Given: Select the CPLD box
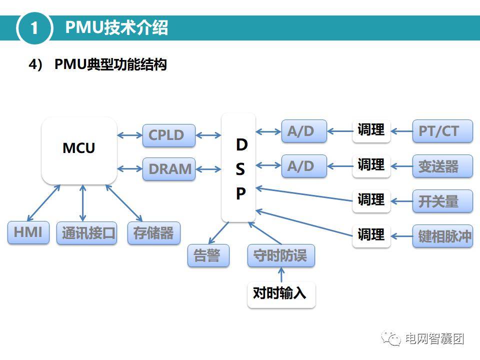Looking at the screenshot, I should tap(168, 135).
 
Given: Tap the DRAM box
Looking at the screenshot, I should tap(169, 169).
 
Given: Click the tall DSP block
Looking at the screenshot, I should tap(238, 167).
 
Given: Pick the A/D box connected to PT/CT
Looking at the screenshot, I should tap(303, 131).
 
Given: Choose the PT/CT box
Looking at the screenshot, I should tap(442, 131).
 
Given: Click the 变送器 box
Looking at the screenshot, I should tap(442, 166).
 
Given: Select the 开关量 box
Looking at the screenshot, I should tap(442, 201).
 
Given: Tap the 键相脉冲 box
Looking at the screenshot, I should tap(442, 235).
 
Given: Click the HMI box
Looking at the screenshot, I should tap(28, 232).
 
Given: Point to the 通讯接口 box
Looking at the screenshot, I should tap(86, 233).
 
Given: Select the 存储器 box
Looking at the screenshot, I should tap(153, 233).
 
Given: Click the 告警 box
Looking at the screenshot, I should tap(208, 255).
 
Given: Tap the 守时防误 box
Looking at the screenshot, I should tap(280, 255).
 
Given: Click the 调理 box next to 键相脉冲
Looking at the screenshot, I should tap(371, 234).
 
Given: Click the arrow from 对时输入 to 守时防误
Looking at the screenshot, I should tap(281, 274).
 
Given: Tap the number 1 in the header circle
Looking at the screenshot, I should tap(34, 28).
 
